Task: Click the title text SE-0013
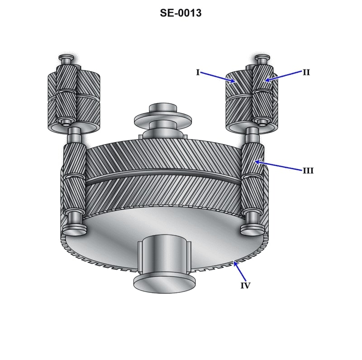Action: (181, 13)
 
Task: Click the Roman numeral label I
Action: (198, 72)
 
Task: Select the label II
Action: (306, 72)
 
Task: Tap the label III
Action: (308, 171)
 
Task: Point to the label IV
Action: (245, 286)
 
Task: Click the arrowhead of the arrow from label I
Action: (235, 82)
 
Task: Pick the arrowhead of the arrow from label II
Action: (266, 81)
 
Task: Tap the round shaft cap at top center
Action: (163, 108)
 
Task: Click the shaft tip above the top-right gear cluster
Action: (262, 58)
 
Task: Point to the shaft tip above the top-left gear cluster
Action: (65, 58)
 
